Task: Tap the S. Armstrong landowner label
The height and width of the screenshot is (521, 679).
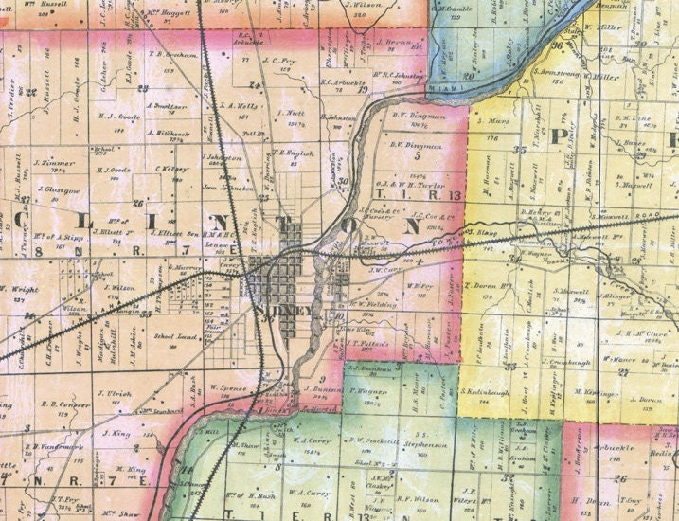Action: [x=548, y=72]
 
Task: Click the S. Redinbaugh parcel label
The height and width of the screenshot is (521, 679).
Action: [x=489, y=390]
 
